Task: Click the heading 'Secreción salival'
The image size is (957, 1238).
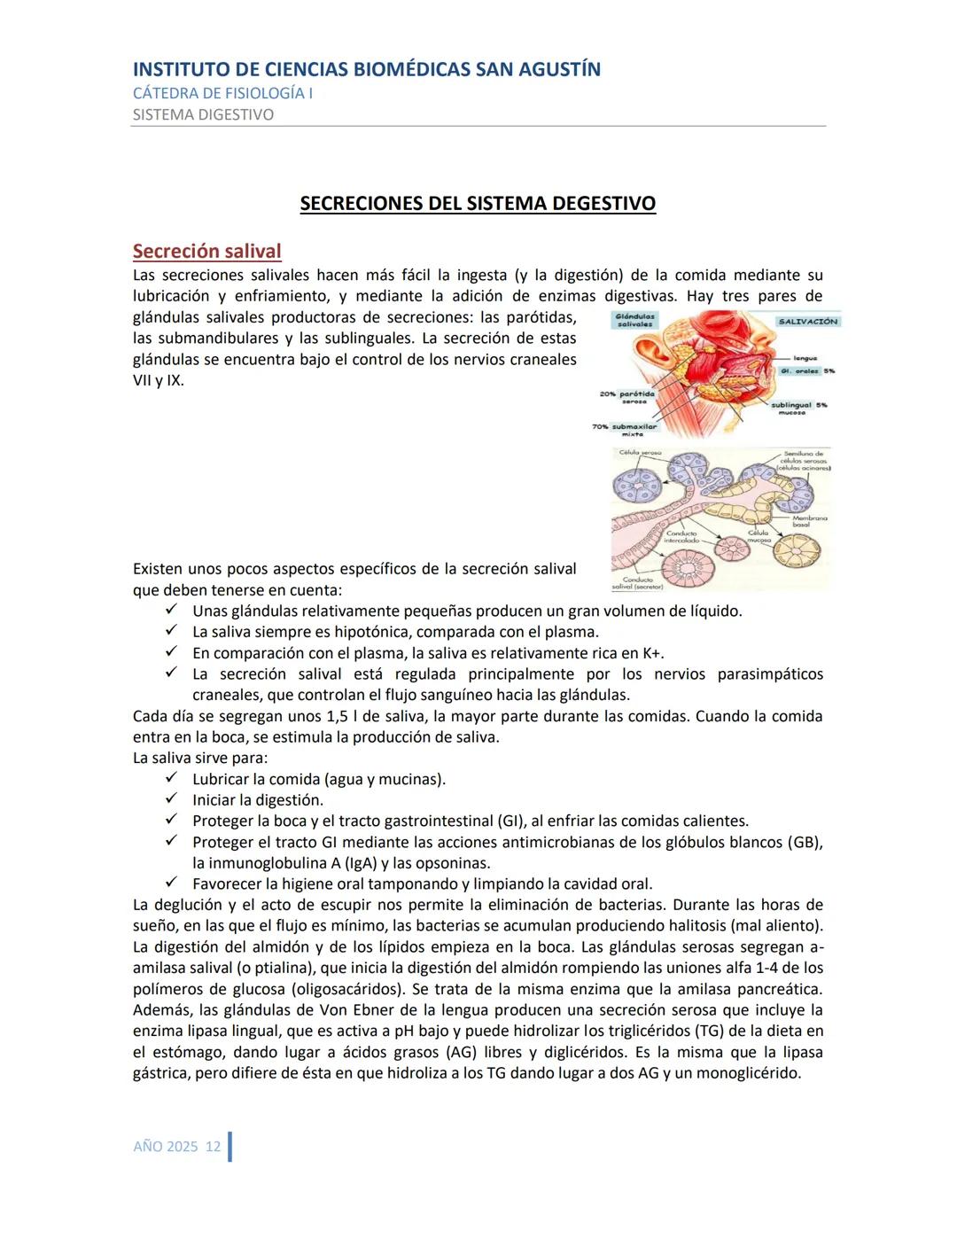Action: point(206,252)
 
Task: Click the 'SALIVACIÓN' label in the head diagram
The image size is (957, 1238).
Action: point(807,322)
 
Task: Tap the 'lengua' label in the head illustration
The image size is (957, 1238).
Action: point(805,358)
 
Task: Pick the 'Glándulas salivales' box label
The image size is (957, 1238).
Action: point(634,320)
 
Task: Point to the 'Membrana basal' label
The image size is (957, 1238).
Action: point(809,521)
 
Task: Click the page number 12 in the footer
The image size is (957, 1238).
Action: point(213,1147)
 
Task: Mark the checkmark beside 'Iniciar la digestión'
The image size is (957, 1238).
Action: point(172,799)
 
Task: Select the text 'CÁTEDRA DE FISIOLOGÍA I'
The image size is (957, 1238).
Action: point(222,93)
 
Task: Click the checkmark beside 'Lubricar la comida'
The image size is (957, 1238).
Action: point(172,778)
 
